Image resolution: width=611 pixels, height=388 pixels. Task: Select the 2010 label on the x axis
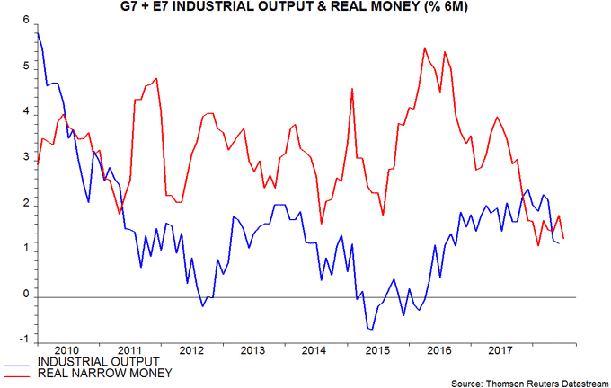pos(68,350)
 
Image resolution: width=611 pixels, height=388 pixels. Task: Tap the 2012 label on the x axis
pos(191,350)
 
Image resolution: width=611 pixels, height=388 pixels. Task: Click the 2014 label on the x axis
pos(314,350)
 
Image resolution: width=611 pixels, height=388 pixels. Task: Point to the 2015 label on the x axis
pos(376,350)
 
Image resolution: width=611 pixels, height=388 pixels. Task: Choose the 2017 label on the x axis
pos(499,350)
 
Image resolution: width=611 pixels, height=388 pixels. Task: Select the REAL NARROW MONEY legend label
pos(102,373)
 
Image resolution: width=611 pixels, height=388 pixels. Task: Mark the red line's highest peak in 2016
pos(424,48)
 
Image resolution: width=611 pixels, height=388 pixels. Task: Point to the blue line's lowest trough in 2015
pos(370,330)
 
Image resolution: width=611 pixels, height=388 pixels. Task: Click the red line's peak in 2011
pos(156,79)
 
